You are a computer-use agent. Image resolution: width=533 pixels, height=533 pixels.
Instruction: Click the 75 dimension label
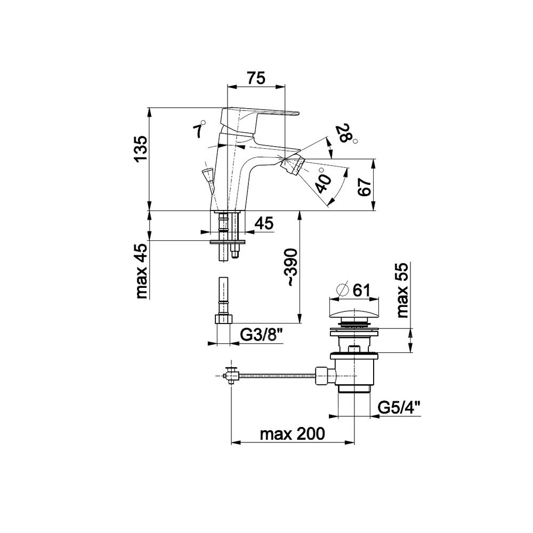coord(256,78)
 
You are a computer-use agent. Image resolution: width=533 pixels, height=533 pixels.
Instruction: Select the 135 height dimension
coord(141,149)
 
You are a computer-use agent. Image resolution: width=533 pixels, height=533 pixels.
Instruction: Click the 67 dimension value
coord(365,187)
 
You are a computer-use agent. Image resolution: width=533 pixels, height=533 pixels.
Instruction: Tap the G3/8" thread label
coord(262,335)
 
